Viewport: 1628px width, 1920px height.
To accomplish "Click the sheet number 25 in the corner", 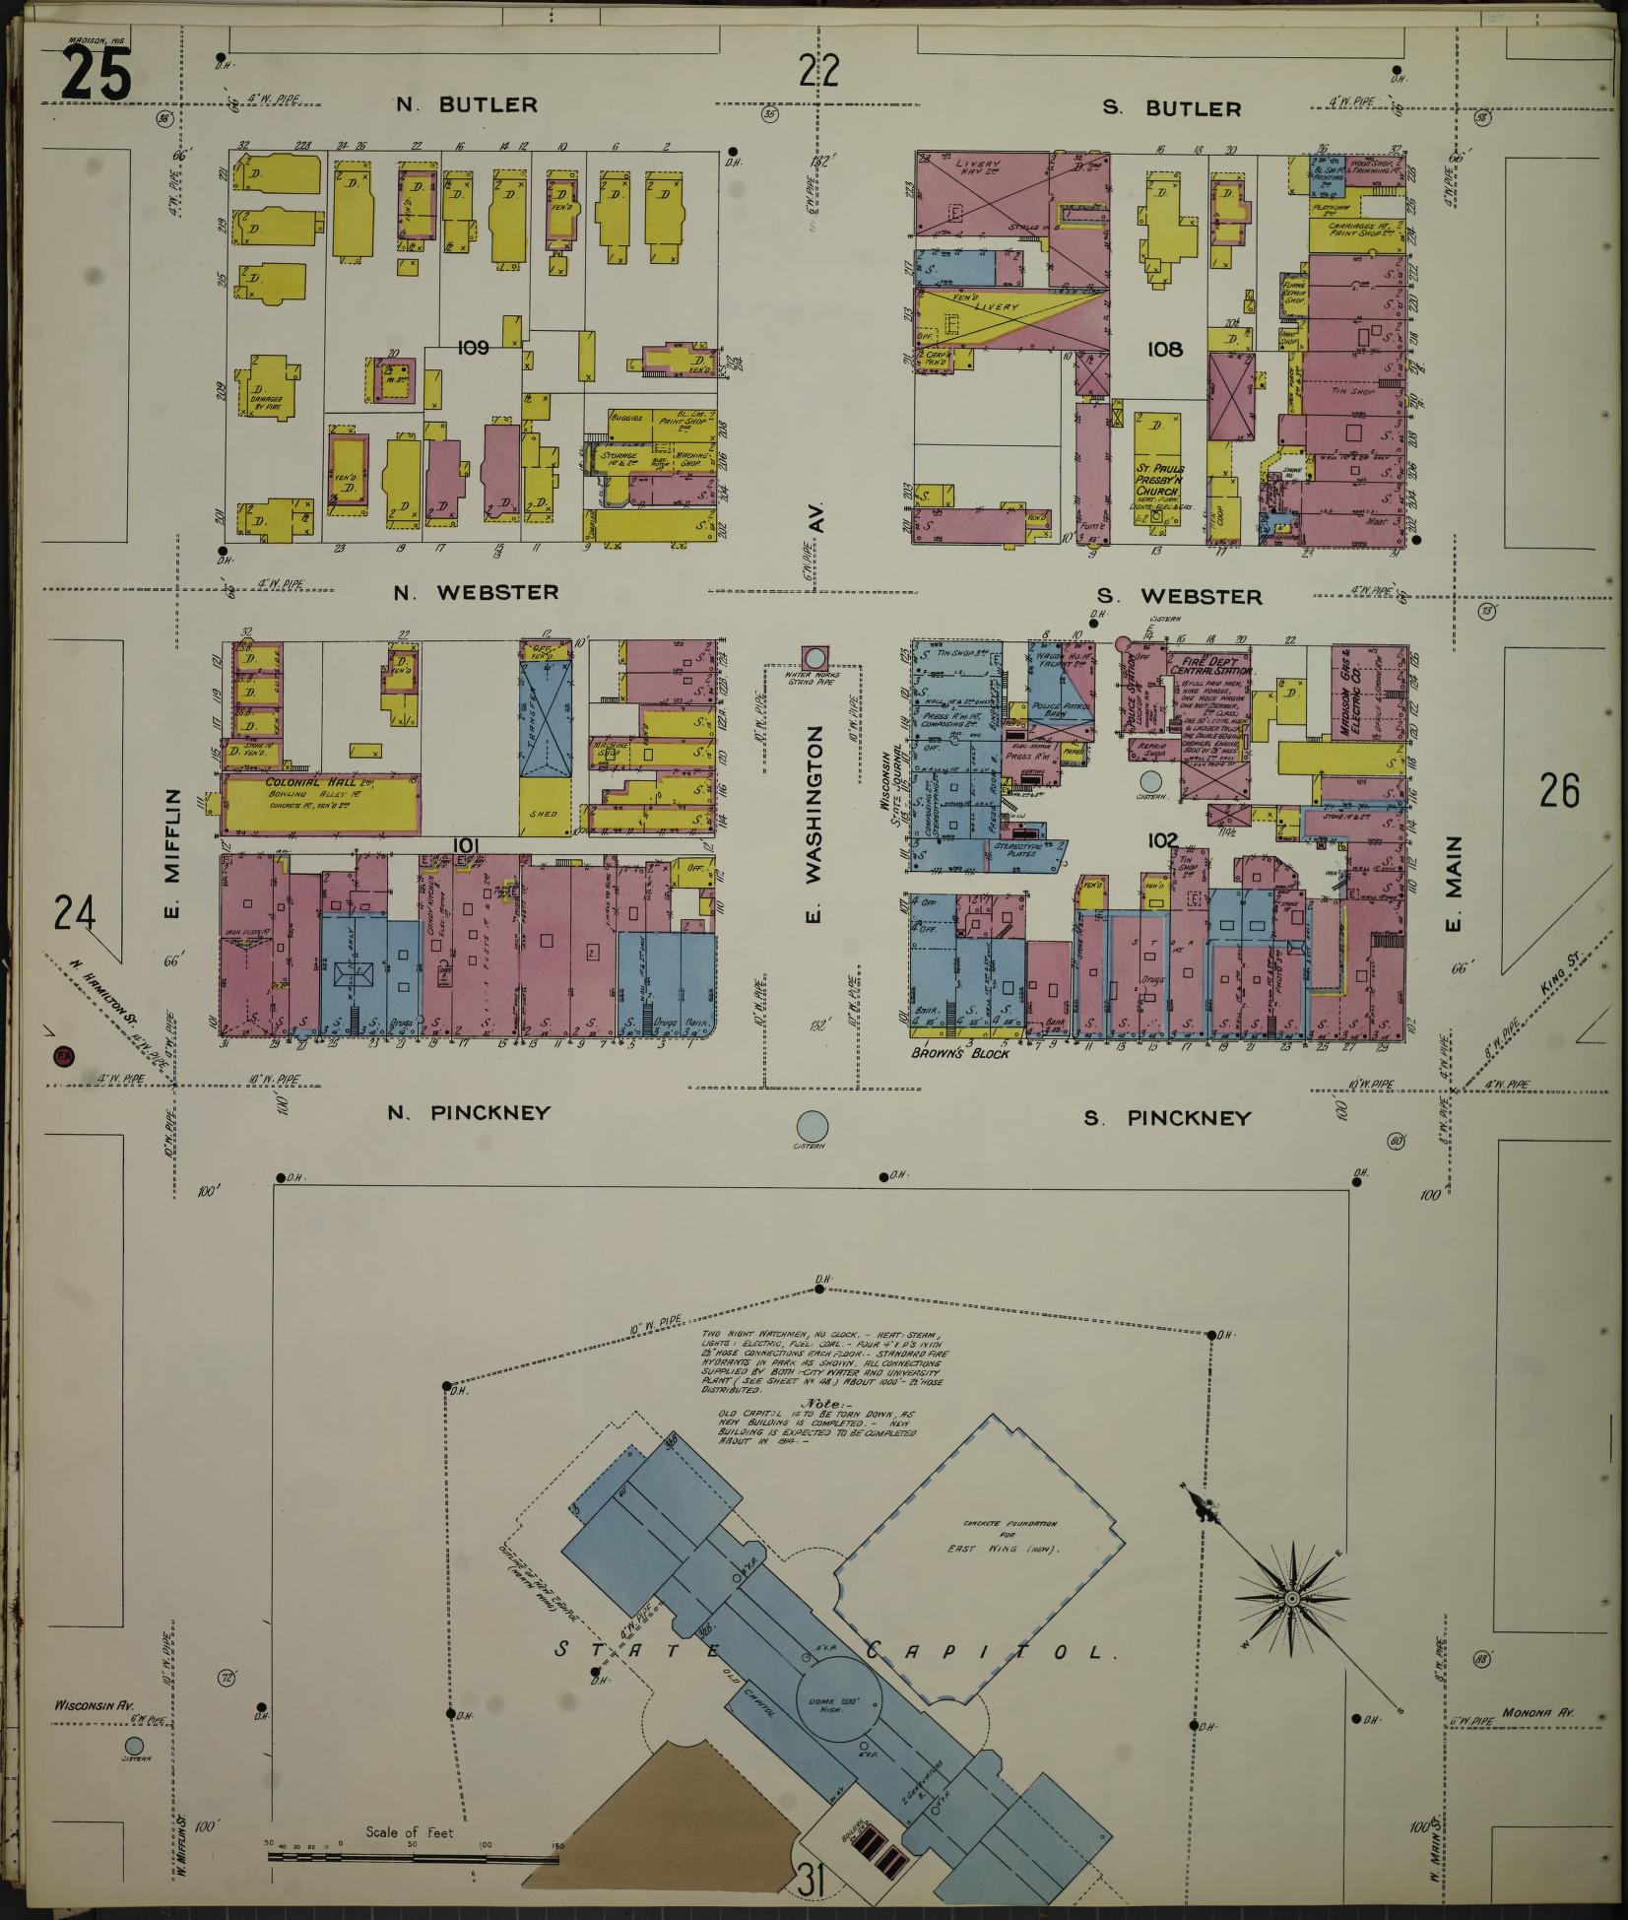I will (96, 75).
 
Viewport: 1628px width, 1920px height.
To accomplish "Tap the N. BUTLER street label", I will (467, 104).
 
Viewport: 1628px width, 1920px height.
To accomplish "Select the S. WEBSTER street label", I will (1179, 596).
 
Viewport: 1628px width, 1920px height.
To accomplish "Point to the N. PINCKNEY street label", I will (468, 1113).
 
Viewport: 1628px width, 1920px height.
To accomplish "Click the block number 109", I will (473, 347).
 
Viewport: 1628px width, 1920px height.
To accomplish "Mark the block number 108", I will (1164, 349).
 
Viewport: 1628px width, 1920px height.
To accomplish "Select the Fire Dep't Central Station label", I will (1208, 663).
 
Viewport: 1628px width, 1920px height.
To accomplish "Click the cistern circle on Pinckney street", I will (812, 1124).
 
